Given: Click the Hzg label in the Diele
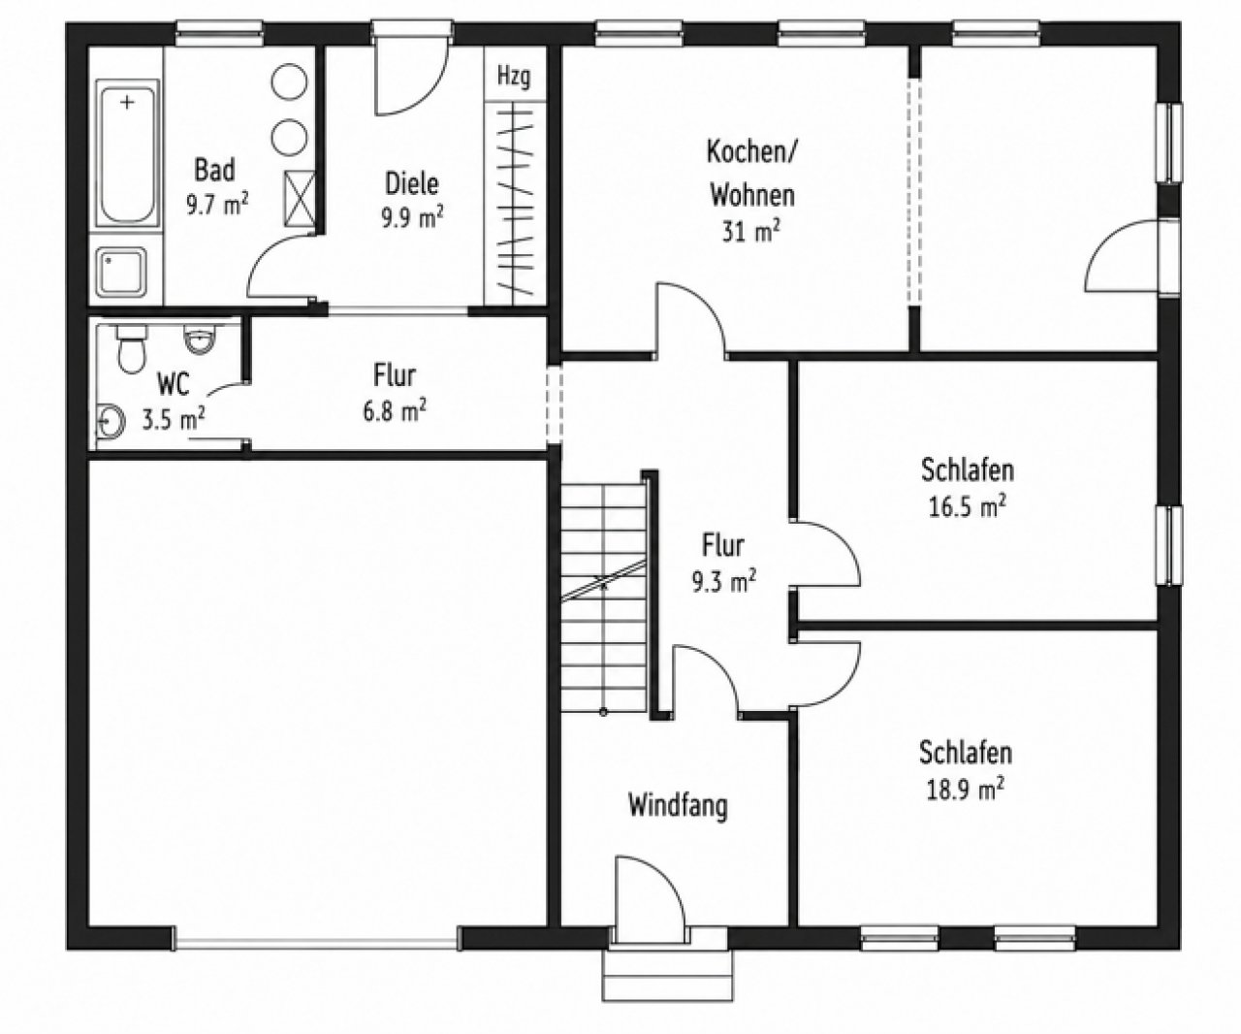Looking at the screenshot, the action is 514,78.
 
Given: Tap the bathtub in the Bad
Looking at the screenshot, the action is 128,153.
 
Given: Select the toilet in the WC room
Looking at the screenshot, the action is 131,348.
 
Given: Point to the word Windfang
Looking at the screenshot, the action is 678,806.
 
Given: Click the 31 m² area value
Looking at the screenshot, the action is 750,231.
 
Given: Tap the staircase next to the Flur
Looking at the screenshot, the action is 604,597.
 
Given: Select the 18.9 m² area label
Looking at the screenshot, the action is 966,791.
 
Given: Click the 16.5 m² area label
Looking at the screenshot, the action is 967,507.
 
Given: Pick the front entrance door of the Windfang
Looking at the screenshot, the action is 651,898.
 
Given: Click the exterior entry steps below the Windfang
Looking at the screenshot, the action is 667,973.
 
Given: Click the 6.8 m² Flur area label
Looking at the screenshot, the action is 395,411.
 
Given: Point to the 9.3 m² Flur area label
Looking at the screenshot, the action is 723,581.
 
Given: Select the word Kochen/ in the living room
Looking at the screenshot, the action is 751,152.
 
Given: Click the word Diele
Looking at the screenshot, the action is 412,183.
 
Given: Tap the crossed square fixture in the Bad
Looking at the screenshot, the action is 301,199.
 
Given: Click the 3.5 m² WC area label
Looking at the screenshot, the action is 173,420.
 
